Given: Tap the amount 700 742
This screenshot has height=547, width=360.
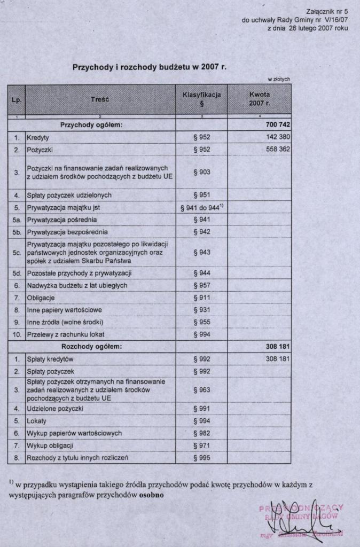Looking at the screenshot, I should (278, 125).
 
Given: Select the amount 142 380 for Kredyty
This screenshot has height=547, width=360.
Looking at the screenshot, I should (278, 137).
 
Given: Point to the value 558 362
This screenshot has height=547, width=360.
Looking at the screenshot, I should (278, 150).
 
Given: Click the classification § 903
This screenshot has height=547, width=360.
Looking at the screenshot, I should (202, 172).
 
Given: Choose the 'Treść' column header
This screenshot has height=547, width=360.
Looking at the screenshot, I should (100, 99).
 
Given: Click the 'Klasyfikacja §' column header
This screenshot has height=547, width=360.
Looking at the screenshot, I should (202, 99).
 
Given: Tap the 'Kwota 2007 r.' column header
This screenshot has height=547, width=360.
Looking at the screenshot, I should (260, 99).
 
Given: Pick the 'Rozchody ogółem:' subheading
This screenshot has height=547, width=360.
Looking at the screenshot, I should (91, 347).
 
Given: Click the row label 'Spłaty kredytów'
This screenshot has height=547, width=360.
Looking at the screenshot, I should (50, 359).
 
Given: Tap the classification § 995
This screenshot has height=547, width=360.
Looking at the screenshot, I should (202, 458).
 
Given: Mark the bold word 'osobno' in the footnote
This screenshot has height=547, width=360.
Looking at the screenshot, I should (152, 495).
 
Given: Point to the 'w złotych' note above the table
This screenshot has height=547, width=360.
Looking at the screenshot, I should (278, 79).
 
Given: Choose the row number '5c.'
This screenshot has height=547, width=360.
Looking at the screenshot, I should (17, 253).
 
